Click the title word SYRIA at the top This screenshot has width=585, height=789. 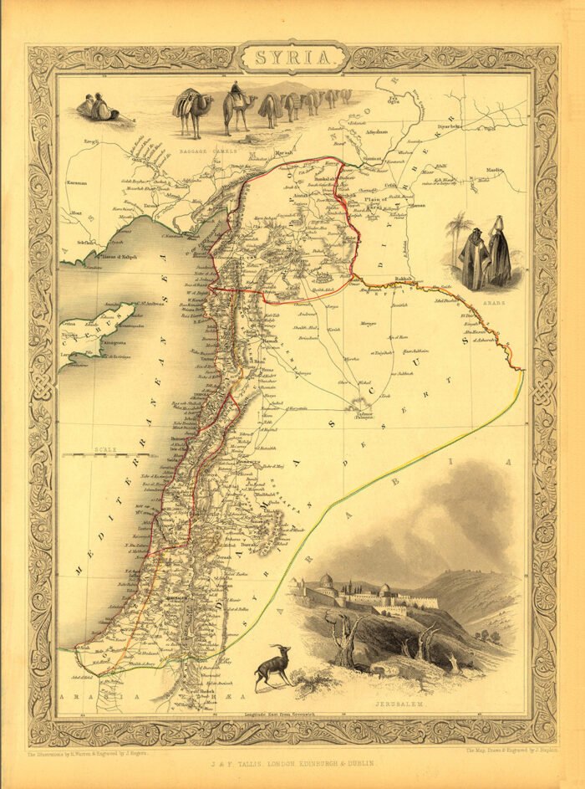(x=292, y=59)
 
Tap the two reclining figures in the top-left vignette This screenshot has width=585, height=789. (x=97, y=108)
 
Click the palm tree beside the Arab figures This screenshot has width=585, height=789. (x=459, y=228)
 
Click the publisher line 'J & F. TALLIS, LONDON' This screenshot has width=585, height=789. (x=292, y=763)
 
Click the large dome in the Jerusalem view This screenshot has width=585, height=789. (x=326, y=580)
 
